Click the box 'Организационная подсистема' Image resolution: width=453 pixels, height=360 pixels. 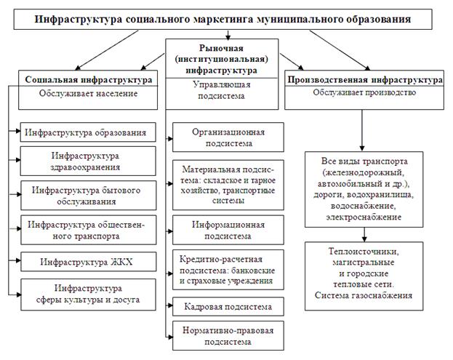tap(228, 138)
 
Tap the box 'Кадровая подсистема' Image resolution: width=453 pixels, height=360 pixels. tap(228, 305)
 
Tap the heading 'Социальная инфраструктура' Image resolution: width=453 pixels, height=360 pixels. tap(87, 79)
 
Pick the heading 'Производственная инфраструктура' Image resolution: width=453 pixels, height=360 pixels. tap(365, 79)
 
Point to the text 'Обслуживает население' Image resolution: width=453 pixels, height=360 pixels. tap(87, 94)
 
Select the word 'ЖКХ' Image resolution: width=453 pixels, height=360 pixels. tap(121, 260)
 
